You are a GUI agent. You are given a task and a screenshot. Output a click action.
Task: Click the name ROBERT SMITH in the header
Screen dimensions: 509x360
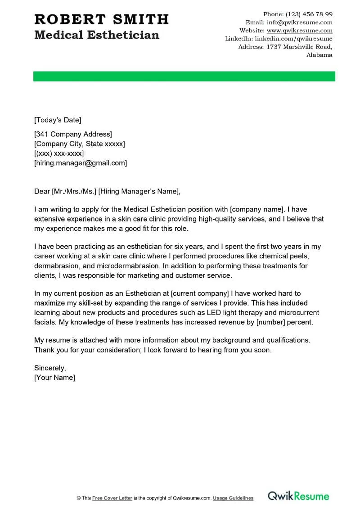pyautogui.click(x=101, y=19)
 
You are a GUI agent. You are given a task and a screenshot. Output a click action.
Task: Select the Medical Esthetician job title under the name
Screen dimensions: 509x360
pyautogui.click(x=97, y=35)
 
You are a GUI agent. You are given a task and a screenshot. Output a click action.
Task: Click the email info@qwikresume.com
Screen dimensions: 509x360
pyautogui.click(x=299, y=22)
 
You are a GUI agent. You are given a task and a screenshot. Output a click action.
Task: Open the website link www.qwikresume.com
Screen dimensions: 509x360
pyautogui.click(x=299, y=31)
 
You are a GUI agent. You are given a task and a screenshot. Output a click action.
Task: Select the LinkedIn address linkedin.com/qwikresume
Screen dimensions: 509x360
pyautogui.click(x=290, y=39)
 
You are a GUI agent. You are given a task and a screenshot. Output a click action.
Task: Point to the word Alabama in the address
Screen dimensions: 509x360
pyautogui.click(x=319, y=55)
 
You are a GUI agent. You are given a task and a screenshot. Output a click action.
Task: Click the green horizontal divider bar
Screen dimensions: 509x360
pyautogui.click(x=184, y=76)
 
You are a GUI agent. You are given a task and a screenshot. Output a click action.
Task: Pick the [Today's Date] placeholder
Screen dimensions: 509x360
pyautogui.click(x=58, y=120)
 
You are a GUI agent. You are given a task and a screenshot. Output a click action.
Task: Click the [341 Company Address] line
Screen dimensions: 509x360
pyautogui.click(x=73, y=134)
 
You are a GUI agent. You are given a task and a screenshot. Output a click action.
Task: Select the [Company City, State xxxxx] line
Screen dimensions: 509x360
pyautogui.click(x=80, y=144)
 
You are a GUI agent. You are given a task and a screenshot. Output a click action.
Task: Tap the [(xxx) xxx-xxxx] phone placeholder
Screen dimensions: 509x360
pyautogui.click(x=59, y=153)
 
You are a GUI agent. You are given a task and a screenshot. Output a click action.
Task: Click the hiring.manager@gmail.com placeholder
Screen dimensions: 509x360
pyautogui.click(x=81, y=163)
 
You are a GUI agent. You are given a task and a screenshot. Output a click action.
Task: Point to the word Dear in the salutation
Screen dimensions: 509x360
pyautogui.click(x=42, y=192)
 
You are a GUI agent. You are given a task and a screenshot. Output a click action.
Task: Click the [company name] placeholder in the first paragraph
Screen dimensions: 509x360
pyautogui.click(x=256, y=209)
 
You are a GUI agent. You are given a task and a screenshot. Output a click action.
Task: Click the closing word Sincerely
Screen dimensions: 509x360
pyautogui.click(x=50, y=368)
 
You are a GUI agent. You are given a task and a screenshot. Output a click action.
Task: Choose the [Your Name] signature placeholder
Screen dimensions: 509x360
pyautogui.click(x=54, y=378)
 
